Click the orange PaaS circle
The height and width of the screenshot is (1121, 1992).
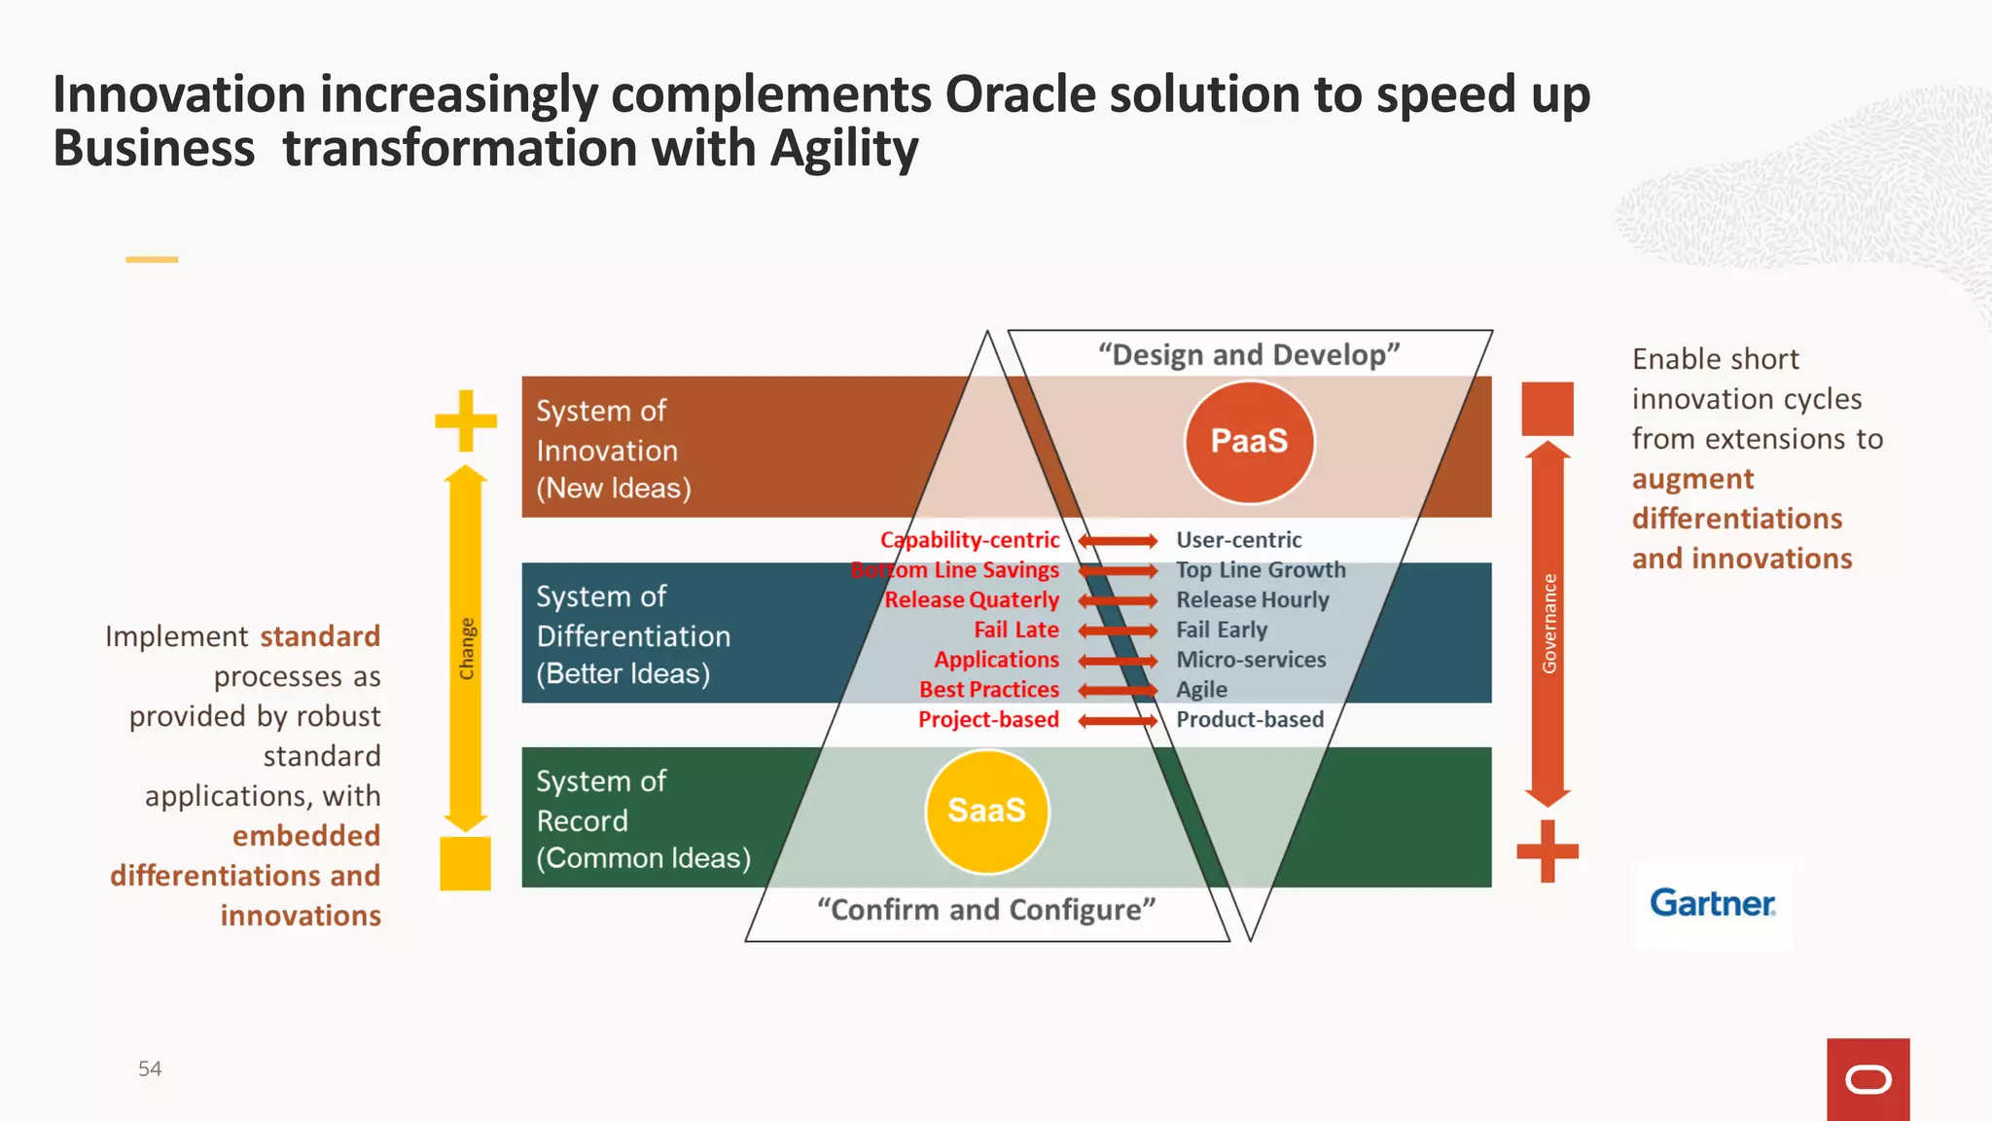click(x=1249, y=442)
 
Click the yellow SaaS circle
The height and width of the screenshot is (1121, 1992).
click(x=986, y=811)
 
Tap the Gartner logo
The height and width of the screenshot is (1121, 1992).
click(x=1713, y=904)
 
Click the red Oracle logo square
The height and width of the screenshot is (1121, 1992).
click(x=1867, y=1079)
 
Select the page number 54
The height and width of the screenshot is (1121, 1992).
click(x=150, y=1068)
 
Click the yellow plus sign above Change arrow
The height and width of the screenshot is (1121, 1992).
click(x=466, y=420)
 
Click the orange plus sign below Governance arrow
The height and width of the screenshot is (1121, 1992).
click(x=1547, y=850)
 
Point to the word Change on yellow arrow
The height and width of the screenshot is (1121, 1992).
click(x=467, y=648)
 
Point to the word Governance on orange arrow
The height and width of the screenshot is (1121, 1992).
click(x=1548, y=624)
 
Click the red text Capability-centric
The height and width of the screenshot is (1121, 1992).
click(x=970, y=540)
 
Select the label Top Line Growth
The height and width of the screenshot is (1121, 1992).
click(x=1261, y=570)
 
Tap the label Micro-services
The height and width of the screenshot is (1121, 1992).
click(x=1251, y=660)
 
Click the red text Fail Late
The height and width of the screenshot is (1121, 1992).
click(x=1016, y=631)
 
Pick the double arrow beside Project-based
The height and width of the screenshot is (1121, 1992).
click(x=1118, y=721)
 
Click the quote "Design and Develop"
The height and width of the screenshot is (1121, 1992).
click(x=1249, y=355)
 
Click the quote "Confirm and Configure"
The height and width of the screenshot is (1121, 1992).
click(x=986, y=910)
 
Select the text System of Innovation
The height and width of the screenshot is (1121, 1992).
click(x=606, y=431)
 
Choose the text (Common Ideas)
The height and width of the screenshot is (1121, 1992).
click(x=643, y=858)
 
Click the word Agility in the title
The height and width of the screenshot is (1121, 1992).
click(x=844, y=149)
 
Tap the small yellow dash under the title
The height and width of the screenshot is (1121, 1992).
click(x=152, y=260)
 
